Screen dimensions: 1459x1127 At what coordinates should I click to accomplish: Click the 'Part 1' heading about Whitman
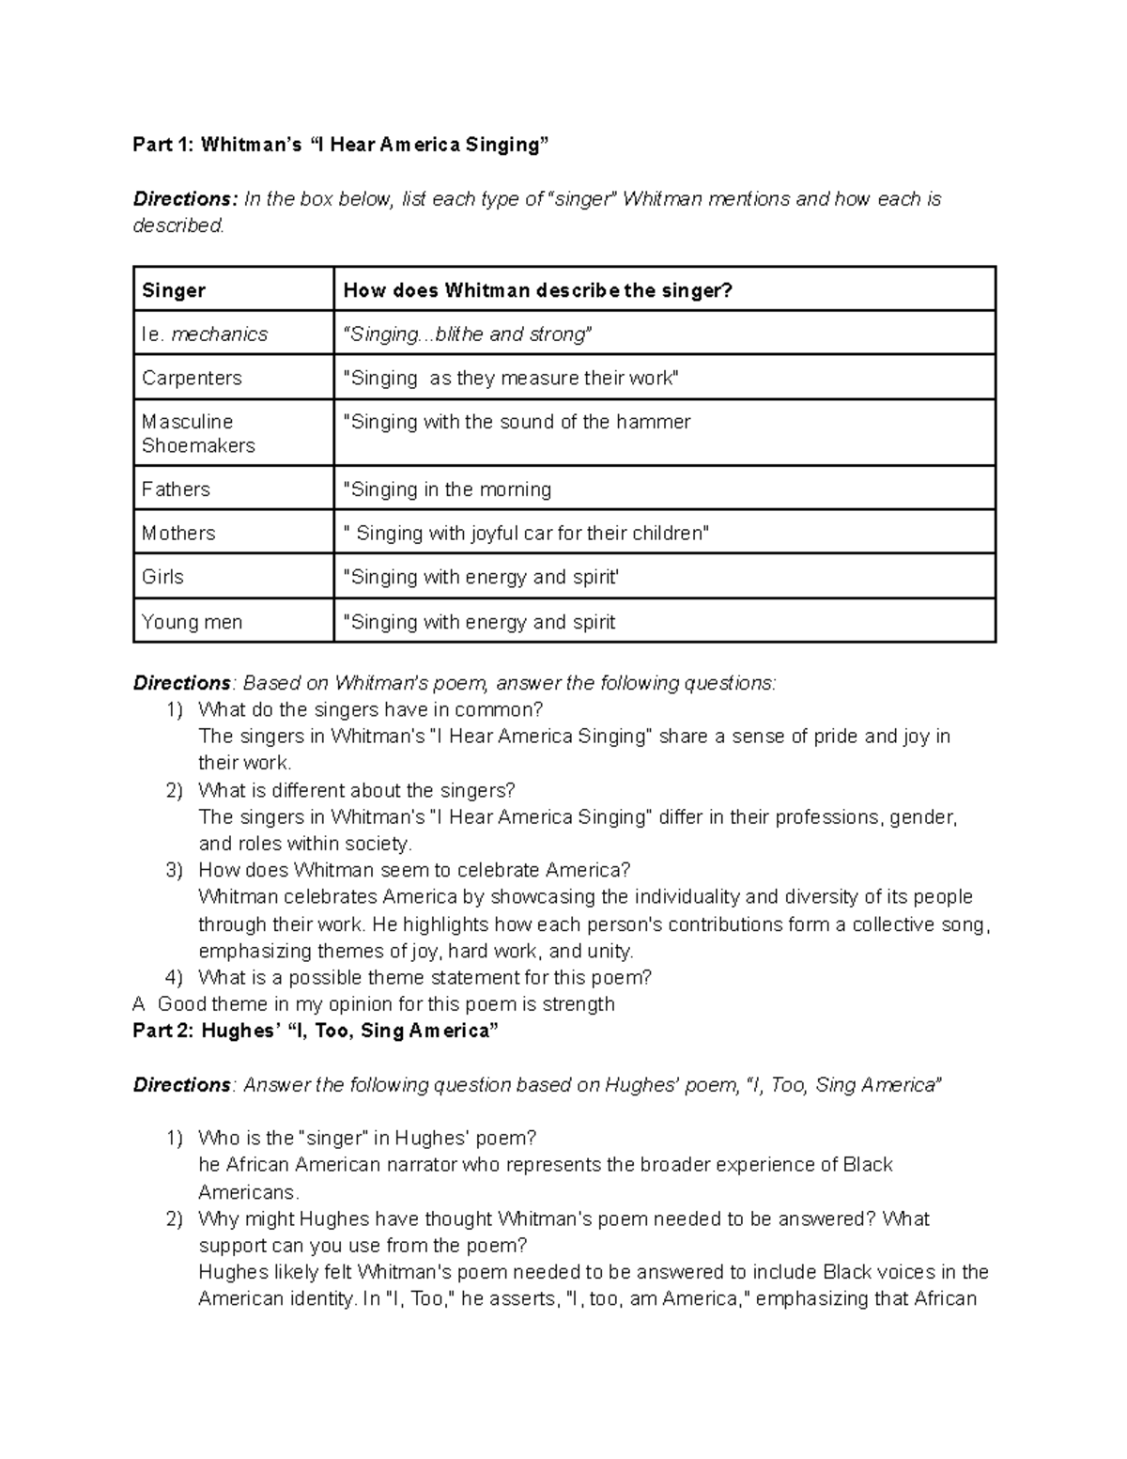[x=339, y=145]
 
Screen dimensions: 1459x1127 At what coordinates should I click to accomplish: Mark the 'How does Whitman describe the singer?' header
[x=537, y=290]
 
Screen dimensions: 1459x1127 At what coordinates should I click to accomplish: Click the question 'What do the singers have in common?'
[x=370, y=709]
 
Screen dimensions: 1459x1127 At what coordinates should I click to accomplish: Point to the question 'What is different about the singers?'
[x=356, y=790]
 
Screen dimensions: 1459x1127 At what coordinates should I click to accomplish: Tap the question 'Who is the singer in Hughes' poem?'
[x=366, y=1139]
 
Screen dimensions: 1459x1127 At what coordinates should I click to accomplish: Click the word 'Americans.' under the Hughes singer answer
[x=249, y=1193]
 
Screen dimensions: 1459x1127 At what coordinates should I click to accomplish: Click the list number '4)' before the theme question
[x=175, y=977]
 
